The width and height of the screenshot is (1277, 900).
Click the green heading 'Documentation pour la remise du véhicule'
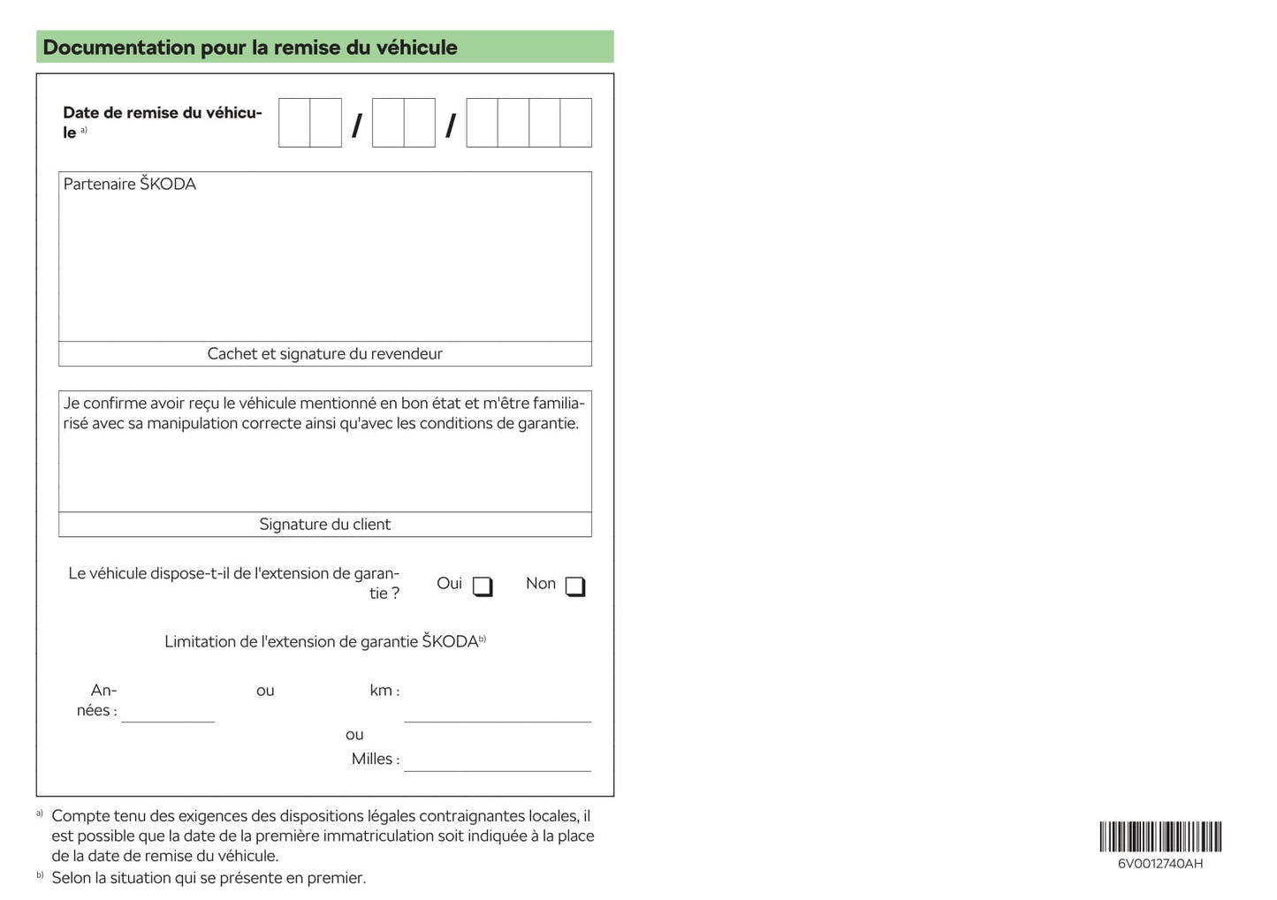(x=250, y=48)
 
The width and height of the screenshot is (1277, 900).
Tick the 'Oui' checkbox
(x=482, y=586)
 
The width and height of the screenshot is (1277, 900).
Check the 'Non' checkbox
(x=574, y=586)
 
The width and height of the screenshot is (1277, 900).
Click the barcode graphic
(x=1160, y=836)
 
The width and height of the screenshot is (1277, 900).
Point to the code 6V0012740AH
(x=1160, y=864)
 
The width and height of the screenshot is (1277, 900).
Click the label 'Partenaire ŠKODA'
(x=130, y=184)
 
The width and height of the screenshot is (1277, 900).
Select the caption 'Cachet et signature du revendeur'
(x=325, y=354)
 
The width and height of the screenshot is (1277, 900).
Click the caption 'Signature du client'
(x=325, y=525)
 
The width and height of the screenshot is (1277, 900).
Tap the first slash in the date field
(x=357, y=125)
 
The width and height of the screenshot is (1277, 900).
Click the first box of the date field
(x=294, y=123)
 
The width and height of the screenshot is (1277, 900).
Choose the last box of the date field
(x=576, y=123)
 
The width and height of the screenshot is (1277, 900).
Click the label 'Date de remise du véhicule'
(x=162, y=122)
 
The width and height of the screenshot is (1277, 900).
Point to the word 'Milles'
(x=371, y=759)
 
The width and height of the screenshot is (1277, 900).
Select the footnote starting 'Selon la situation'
(x=209, y=878)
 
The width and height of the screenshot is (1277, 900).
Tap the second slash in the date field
(x=451, y=125)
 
